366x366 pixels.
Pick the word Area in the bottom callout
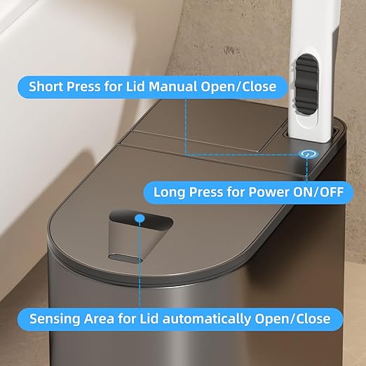click(x=100, y=319)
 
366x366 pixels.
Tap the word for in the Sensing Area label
click(x=126, y=319)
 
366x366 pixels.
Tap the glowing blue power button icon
click(x=306, y=154)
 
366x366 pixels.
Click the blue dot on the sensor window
click(x=140, y=219)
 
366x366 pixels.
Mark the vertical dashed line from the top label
click(x=187, y=126)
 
